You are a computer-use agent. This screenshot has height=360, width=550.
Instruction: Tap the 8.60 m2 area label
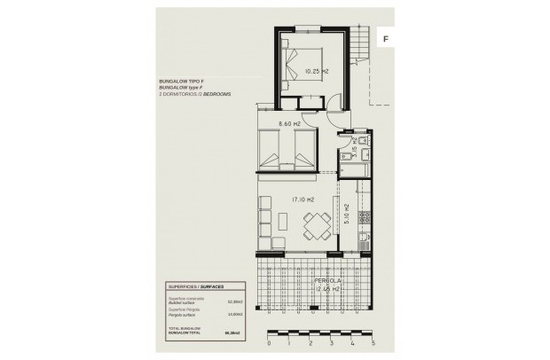pos(290,124)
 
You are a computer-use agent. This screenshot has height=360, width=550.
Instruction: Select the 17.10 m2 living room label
pos(303,200)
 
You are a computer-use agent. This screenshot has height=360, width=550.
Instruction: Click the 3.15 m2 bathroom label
pos(354,150)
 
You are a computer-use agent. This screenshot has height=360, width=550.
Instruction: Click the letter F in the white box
pos(387,39)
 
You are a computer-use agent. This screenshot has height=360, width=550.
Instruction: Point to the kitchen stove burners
pos(363,216)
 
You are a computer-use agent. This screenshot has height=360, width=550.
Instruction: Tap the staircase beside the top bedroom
pos(359,40)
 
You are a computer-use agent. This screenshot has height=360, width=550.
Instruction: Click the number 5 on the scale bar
pos(374,341)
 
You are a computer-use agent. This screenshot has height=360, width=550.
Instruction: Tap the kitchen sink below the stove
pos(363,238)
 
